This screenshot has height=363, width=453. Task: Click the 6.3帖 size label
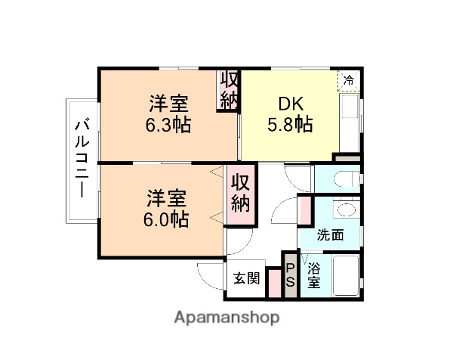(168, 125)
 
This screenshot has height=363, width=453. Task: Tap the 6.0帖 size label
(167, 220)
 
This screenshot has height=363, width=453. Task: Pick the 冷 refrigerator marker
(349, 79)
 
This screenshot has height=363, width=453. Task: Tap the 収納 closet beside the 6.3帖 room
(229, 90)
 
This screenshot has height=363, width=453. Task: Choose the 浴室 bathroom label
(313, 276)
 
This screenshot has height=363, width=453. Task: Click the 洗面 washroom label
(330, 234)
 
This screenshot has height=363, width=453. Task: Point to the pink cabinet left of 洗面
(305, 211)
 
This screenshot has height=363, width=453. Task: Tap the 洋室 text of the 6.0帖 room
(167, 199)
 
